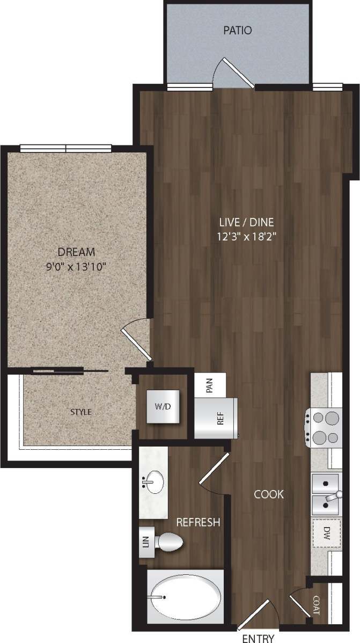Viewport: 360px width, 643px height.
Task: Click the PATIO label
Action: [x=237, y=31]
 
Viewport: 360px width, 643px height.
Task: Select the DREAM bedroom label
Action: [x=77, y=252]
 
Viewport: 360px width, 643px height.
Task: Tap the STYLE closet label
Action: [x=81, y=412]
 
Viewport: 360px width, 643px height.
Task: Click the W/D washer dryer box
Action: [x=163, y=406]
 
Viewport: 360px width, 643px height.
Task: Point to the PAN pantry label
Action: [x=210, y=386]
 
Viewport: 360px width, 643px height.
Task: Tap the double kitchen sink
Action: [x=325, y=494]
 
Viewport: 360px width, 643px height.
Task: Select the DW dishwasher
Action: [x=327, y=533]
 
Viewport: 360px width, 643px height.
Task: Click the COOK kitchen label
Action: [x=269, y=494]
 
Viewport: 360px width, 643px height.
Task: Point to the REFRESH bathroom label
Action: [x=198, y=522]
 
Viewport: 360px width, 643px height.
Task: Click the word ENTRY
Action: [x=258, y=638]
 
